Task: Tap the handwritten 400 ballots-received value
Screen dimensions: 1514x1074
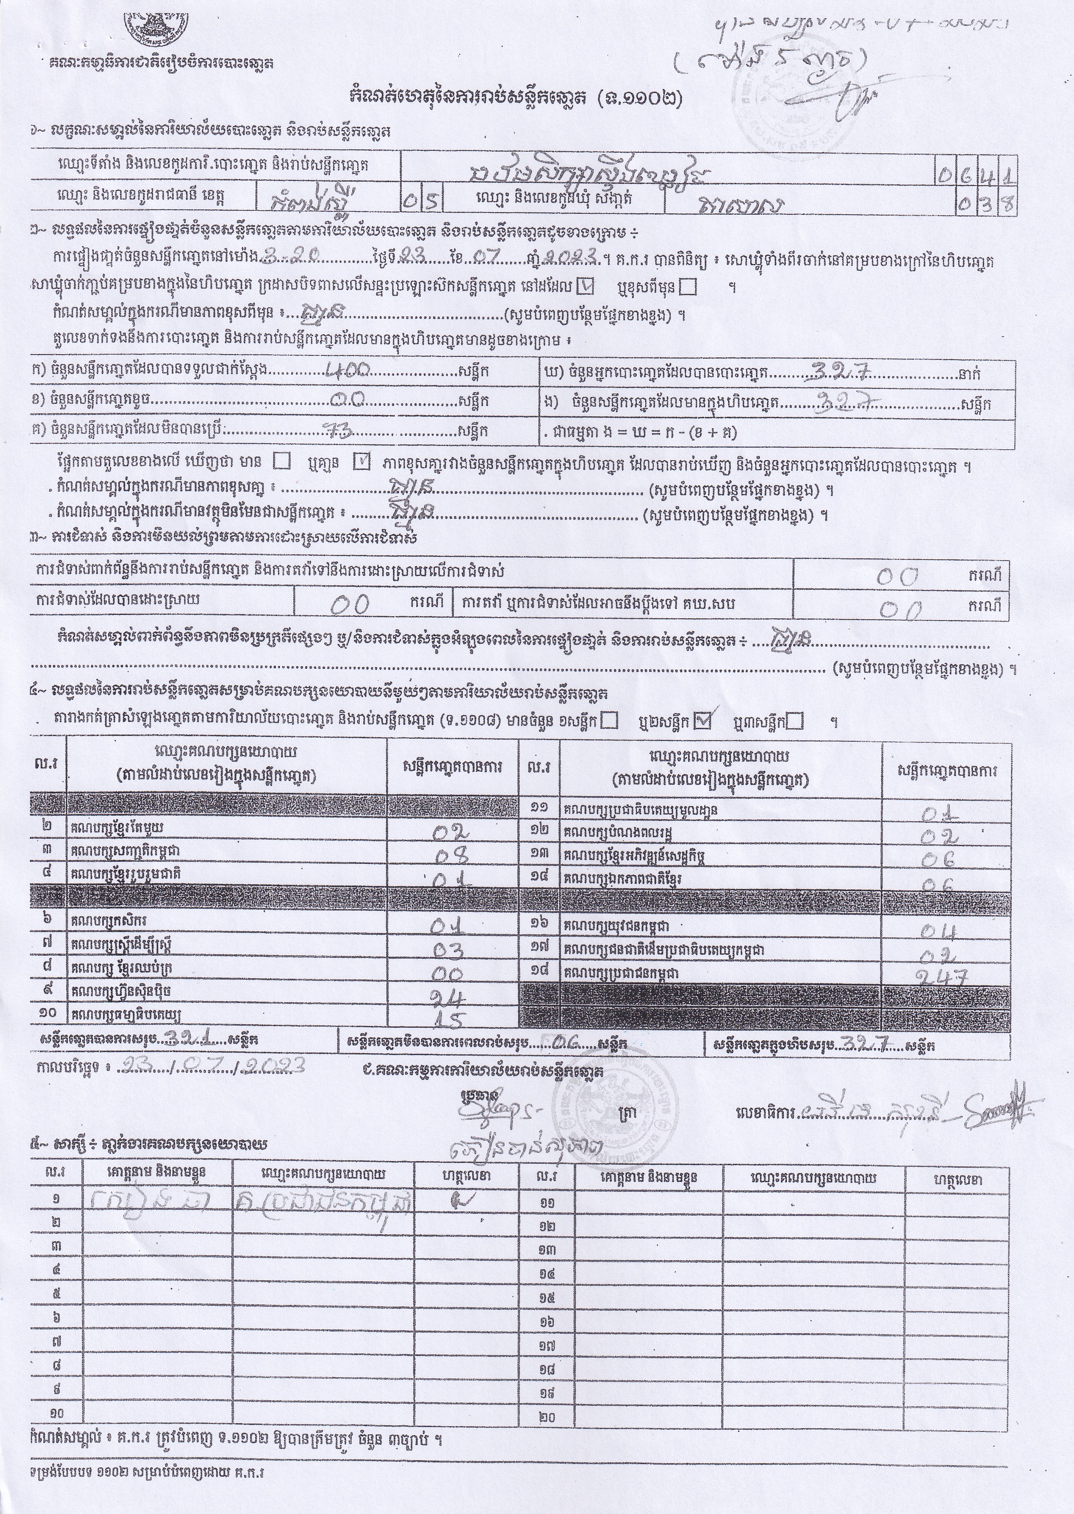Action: (345, 372)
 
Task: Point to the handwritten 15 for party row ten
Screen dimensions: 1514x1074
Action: (448, 1019)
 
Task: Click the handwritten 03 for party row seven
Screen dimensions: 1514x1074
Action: (448, 950)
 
